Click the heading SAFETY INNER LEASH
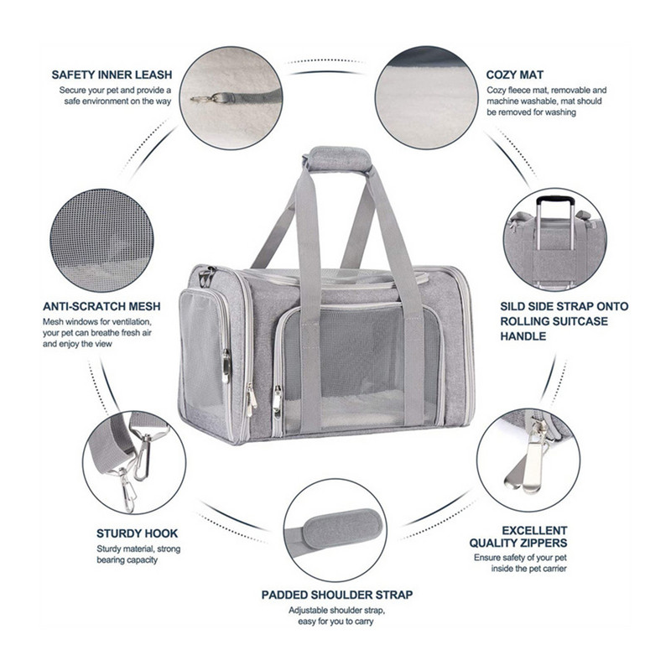[112, 75]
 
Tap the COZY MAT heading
[515, 75]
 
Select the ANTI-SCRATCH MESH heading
[101, 306]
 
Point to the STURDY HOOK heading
[137, 533]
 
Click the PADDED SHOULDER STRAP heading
[337, 595]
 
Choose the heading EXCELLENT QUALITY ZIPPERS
[518, 537]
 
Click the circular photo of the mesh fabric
[101, 241]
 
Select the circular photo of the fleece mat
[427, 98]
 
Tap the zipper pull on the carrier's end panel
[226, 366]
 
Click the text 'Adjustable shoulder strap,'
[337, 611]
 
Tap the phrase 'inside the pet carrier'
[529, 569]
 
